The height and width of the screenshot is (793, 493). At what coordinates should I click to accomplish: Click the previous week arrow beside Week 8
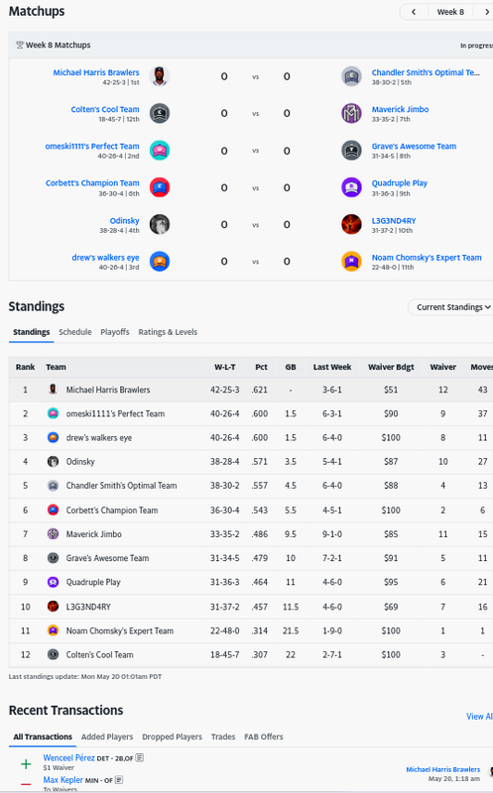[414, 12]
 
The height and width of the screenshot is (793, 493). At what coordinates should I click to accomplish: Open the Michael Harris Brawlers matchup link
[96, 72]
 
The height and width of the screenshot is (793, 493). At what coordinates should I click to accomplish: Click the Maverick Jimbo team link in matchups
[401, 109]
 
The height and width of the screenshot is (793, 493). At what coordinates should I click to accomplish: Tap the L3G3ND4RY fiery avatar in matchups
[351, 224]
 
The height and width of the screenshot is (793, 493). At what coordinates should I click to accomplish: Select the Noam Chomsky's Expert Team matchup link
[427, 258]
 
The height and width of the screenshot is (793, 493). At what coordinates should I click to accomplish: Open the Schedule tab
[75, 332]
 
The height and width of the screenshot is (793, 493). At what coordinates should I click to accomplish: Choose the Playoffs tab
[115, 332]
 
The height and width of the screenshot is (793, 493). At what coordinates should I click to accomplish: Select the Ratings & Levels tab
[168, 332]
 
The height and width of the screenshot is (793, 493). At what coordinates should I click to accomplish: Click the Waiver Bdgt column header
[391, 367]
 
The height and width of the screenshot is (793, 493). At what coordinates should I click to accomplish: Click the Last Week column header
[332, 367]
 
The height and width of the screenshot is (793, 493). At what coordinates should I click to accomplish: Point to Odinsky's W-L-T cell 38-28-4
[225, 461]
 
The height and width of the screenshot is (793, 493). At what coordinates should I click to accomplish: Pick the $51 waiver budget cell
[391, 390]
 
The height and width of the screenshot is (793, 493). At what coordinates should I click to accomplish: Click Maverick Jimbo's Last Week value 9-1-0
[332, 534]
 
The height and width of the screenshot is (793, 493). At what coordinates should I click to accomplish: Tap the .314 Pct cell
[260, 630]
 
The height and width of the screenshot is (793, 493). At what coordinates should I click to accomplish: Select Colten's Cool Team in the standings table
[100, 654]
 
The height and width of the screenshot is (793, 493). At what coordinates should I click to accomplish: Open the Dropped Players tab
[172, 736]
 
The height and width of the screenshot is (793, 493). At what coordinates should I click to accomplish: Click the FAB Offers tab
[264, 736]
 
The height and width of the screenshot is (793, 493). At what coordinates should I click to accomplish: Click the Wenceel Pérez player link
[68, 757]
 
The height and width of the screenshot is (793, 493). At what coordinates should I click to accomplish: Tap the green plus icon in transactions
[26, 763]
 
